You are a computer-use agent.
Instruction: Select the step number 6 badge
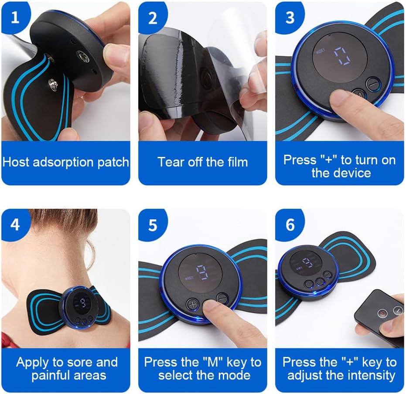point(290,224)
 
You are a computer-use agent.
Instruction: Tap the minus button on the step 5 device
point(222,299)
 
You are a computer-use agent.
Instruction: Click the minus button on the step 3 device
point(372,84)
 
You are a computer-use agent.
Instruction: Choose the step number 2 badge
point(153,17)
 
